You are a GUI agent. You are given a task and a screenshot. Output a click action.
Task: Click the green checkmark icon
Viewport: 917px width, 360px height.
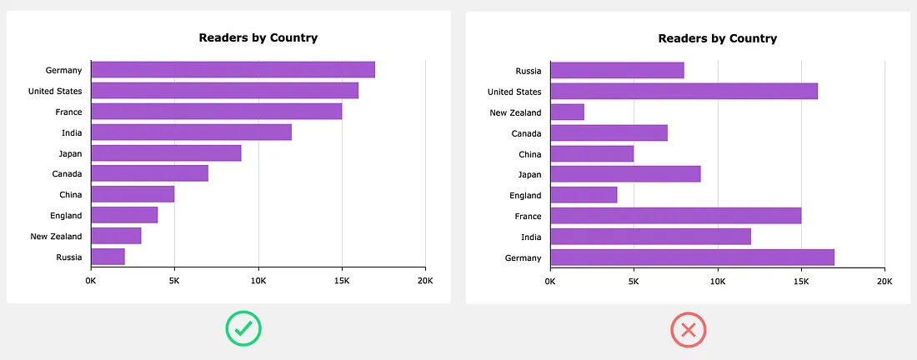[x=243, y=330]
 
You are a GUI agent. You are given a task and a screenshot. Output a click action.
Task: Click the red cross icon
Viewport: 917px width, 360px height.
[x=689, y=330]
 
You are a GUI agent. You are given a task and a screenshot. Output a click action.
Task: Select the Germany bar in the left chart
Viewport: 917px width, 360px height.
[x=233, y=70]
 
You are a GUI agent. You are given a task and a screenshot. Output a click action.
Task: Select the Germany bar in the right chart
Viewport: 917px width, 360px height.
[x=692, y=257]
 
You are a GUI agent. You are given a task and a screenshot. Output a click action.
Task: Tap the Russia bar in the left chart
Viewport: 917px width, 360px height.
[x=108, y=257]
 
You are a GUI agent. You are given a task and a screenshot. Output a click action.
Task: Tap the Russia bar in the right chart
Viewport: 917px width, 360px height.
[x=617, y=71]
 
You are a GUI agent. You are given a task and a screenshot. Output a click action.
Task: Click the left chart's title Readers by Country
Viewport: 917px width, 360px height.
[x=258, y=37]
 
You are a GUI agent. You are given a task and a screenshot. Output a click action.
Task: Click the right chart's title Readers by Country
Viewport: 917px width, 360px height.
[x=717, y=38]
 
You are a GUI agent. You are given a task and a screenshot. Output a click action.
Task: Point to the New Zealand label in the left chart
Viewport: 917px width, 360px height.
[x=56, y=237]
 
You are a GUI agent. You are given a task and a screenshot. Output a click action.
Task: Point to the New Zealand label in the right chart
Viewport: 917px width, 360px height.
[x=515, y=112]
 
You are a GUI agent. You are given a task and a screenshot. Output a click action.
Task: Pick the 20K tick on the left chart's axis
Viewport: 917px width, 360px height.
[x=424, y=282]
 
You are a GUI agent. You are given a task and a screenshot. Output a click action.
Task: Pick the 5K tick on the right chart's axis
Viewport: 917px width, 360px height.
[x=634, y=282]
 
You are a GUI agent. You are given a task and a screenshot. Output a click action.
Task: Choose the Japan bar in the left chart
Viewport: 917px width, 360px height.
[x=166, y=153]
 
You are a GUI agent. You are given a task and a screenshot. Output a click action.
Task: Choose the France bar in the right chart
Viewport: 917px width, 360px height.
[x=675, y=216]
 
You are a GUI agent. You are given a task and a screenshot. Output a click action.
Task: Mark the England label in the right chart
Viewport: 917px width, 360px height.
[x=525, y=196]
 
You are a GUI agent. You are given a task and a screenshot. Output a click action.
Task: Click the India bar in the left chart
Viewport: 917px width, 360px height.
[x=191, y=132]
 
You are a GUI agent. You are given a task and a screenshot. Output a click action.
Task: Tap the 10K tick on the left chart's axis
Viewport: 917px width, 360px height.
[x=258, y=282]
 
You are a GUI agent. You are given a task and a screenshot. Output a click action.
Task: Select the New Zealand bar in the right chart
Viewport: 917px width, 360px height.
[x=567, y=112]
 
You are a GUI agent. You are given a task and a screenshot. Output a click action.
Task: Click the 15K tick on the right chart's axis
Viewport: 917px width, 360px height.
[x=800, y=282]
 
